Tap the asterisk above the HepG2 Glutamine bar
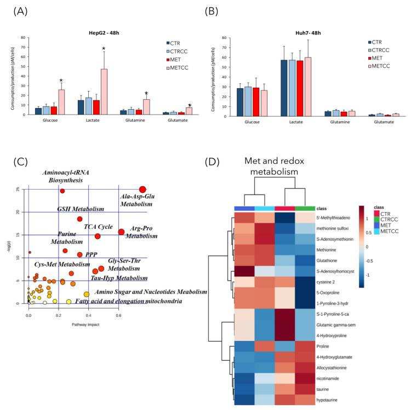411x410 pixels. [146, 93]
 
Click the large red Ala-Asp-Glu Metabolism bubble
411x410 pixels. [142, 190]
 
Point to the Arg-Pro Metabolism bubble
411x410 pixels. [121, 232]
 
